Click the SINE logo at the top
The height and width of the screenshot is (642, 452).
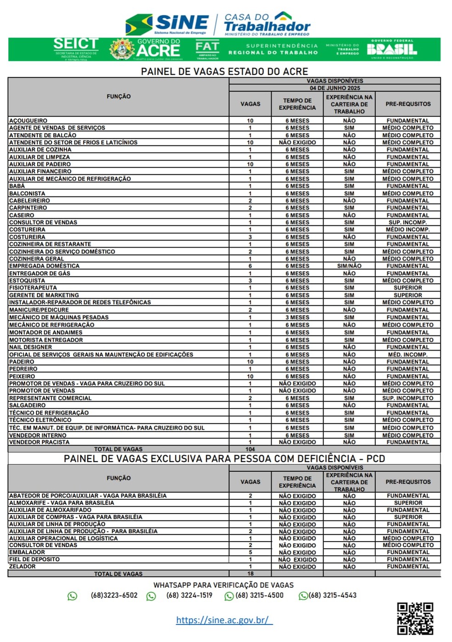[167, 24]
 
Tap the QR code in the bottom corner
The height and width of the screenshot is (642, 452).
[415, 618]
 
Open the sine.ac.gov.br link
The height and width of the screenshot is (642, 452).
[224, 620]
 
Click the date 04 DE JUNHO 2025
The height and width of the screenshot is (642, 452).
[335, 88]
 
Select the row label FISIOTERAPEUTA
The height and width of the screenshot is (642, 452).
[33, 288]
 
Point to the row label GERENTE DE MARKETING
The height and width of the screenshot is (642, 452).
[44, 295]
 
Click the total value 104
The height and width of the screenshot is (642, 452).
[250, 449]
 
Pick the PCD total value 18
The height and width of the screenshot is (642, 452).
[250, 574]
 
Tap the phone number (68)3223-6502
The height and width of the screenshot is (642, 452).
[114, 596]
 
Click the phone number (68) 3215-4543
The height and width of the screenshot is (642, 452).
[333, 596]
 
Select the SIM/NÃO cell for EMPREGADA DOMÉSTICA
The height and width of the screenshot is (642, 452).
[349, 266]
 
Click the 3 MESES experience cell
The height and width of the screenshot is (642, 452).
[297, 317]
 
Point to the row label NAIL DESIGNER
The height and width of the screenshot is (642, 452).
[31, 347]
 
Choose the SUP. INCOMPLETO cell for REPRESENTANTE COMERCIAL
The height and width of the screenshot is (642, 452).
[408, 398]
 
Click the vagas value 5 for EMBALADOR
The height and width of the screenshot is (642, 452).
[250, 553]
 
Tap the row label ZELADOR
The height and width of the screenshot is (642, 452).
[23, 567]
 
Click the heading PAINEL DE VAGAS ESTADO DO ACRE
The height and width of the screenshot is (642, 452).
[224, 72]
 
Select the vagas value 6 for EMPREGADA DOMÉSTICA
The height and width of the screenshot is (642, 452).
[250, 266]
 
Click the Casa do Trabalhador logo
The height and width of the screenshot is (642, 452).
[267, 24]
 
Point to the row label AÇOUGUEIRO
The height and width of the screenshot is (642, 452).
[28, 121]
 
